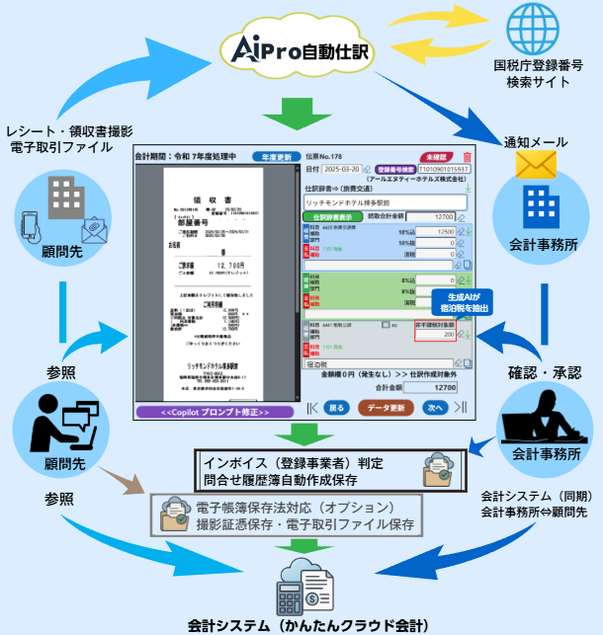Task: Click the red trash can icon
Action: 467,156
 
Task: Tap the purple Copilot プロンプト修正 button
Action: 213,410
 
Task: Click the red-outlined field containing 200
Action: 436,335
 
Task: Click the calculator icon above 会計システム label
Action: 292,591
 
